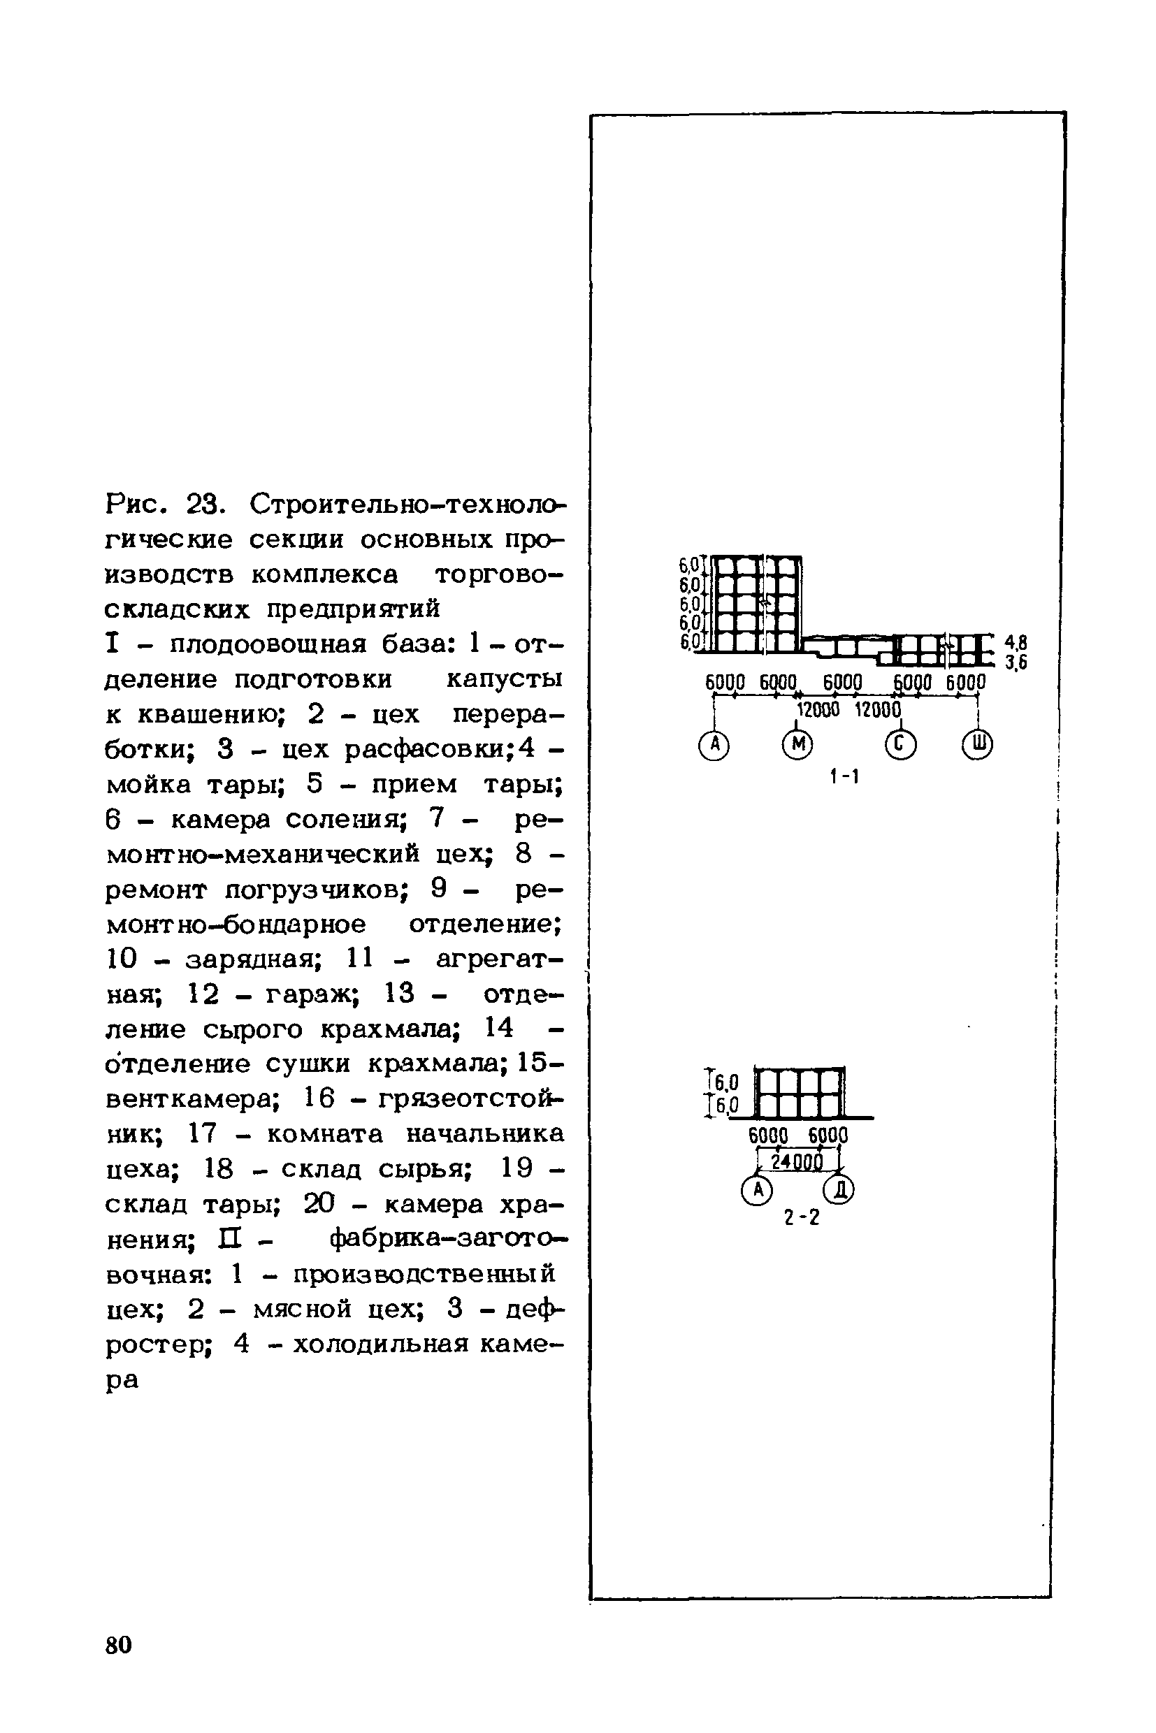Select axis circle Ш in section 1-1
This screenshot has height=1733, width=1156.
pyautogui.click(x=978, y=745)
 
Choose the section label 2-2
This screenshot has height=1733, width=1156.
pyautogui.click(x=802, y=1218)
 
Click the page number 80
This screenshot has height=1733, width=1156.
pyautogui.click(x=119, y=1644)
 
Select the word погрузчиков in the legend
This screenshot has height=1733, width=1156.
pyautogui.click(x=317, y=890)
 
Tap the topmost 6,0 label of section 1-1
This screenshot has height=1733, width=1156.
pyautogui.click(x=689, y=565)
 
